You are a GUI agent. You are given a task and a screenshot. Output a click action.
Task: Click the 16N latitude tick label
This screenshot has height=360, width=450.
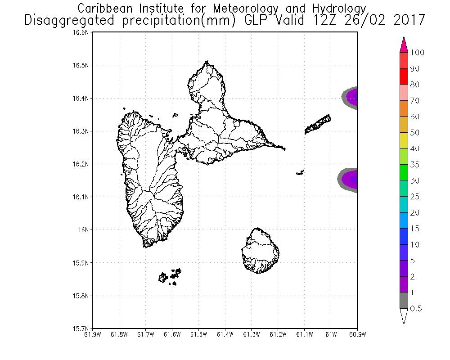point(86,230)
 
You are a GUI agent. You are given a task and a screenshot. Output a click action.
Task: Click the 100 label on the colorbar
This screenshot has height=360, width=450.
point(418,53)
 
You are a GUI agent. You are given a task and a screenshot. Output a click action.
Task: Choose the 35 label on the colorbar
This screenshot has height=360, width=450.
point(415,165)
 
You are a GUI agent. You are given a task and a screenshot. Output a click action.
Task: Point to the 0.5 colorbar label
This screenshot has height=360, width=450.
point(416,309)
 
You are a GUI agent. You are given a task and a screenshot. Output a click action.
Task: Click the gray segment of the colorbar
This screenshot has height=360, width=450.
point(404,301)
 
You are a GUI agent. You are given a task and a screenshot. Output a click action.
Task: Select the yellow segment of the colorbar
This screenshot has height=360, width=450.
point(404,141)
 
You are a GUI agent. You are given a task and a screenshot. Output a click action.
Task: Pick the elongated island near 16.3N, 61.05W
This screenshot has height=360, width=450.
point(318,124)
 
